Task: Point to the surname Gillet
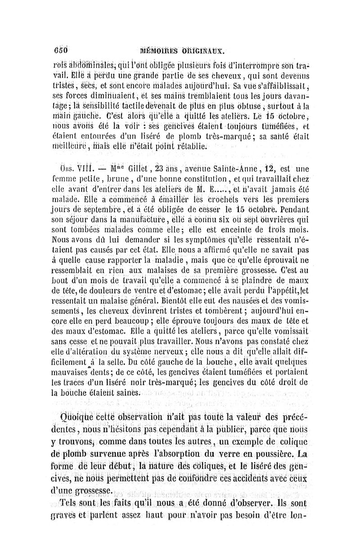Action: (x=130, y=170)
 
